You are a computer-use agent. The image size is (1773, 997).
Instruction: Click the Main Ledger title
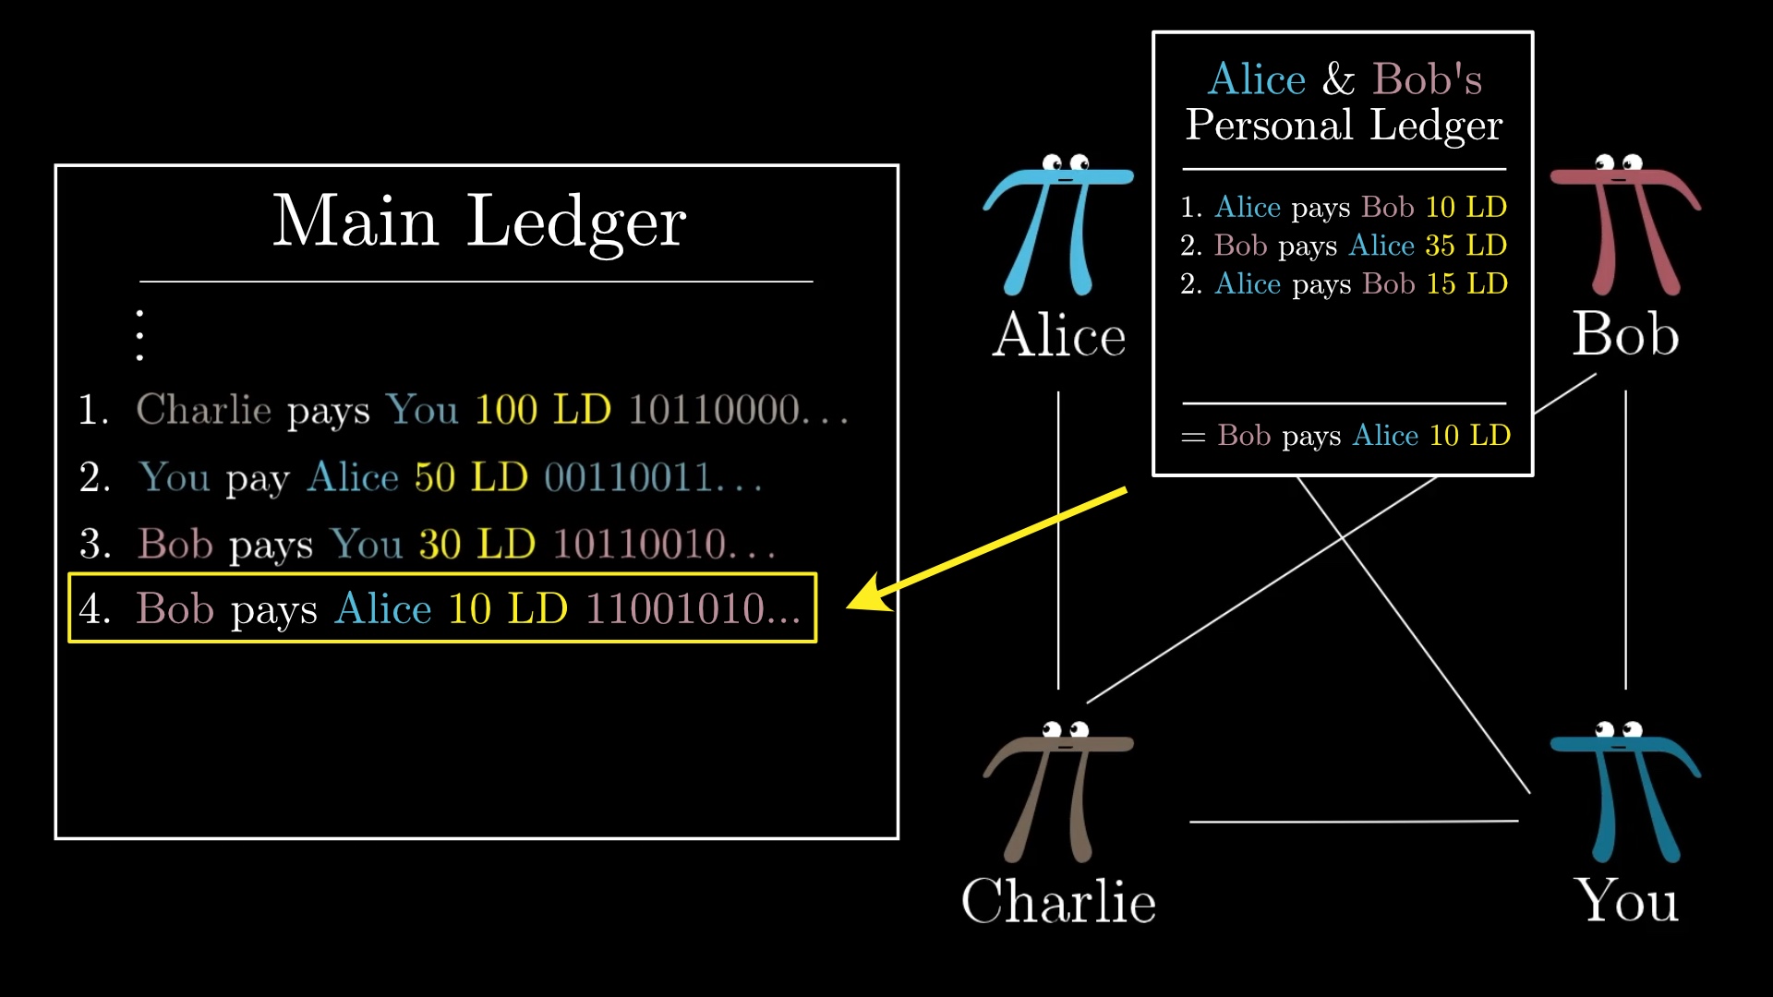pyautogui.click(x=478, y=222)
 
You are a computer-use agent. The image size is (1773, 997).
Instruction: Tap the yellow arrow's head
pyautogui.click(x=868, y=593)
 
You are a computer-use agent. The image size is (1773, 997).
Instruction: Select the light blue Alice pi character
pyautogui.click(x=1058, y=224)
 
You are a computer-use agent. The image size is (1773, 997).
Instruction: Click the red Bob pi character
pyautogui.click(x=1625, y=224)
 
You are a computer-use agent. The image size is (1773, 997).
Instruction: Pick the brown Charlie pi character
pyautogui.click(x=1058, y=792)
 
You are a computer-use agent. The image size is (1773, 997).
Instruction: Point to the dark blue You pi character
pyautogui.click(x=1625, y=792)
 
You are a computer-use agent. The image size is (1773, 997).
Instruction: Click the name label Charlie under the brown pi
pyautogui.click(x=1058, y=901)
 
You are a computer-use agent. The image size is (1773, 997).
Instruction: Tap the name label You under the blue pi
pyautogui.click(x=1625, y=901)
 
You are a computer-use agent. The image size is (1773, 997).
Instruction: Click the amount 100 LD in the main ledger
pyautogui.click(x=543, y=410)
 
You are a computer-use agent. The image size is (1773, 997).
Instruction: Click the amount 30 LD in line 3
pyautogui.click(x=476, y=544)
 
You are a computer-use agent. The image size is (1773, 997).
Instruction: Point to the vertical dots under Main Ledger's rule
pyautogui.click(x=139, y=335)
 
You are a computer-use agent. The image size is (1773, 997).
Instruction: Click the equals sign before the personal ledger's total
pyautogui.click(x=1193, y=437)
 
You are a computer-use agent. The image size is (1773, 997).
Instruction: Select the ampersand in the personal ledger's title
pyautogui.click(x=1339, y=79)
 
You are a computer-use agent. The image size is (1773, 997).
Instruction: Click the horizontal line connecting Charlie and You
pyautogui.click(x=1354, y=821)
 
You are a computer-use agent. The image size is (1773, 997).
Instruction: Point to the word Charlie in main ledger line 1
pyautogui.click(x=204, y=410)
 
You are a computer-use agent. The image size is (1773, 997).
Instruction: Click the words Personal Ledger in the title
pyautogui.click(x=1345, y=126)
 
